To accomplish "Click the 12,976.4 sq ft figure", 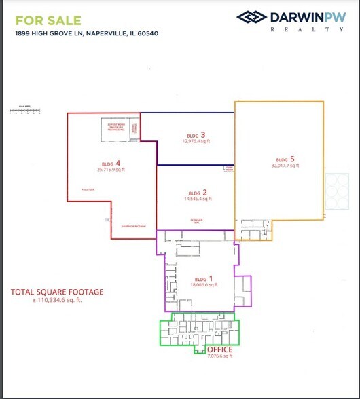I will [x=197, y=141].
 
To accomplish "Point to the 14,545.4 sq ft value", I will [x=198, y=199].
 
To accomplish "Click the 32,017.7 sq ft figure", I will [x=285, y=166].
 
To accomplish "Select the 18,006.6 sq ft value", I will [x=204, y=285].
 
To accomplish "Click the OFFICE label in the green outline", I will [x=220, y=349].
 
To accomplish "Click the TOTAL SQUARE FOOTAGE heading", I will [x=57, y=292].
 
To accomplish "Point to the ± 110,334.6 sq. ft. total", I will [x=57, y=300].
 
